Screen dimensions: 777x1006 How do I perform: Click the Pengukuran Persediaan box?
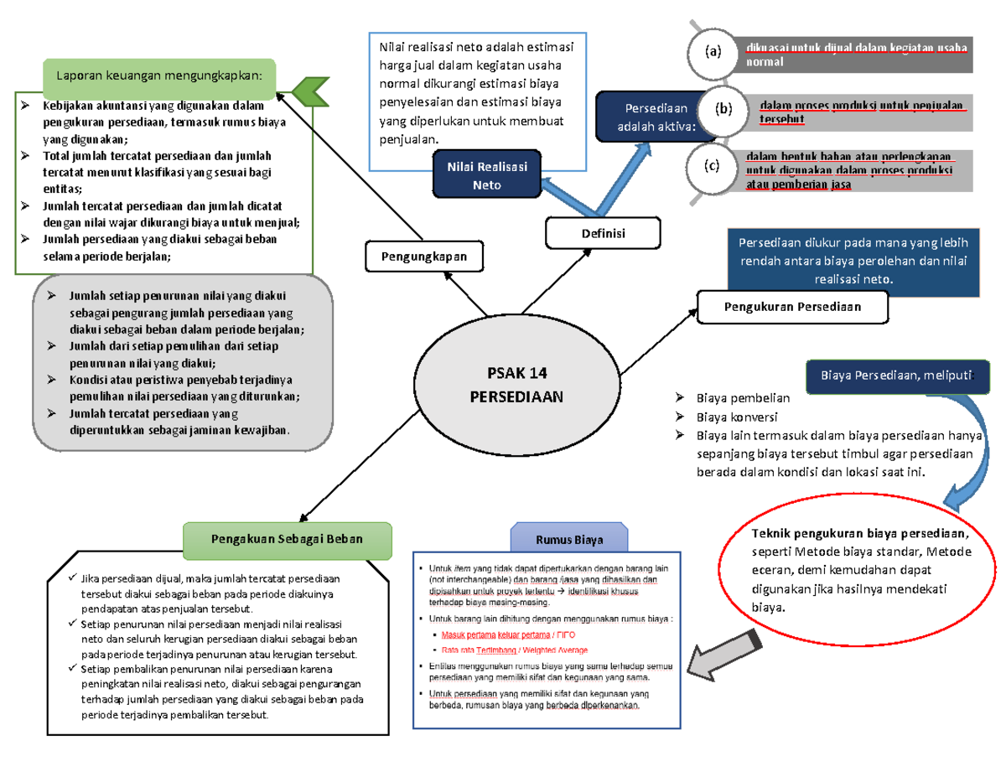792,307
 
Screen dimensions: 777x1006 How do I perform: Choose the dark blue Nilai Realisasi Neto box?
487,175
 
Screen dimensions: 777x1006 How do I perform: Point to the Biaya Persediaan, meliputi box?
898,376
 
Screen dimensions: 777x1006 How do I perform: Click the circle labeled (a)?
713,53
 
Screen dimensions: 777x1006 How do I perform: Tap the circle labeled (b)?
723,109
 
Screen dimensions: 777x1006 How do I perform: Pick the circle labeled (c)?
713,166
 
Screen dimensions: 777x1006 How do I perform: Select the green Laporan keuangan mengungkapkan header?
159,75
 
